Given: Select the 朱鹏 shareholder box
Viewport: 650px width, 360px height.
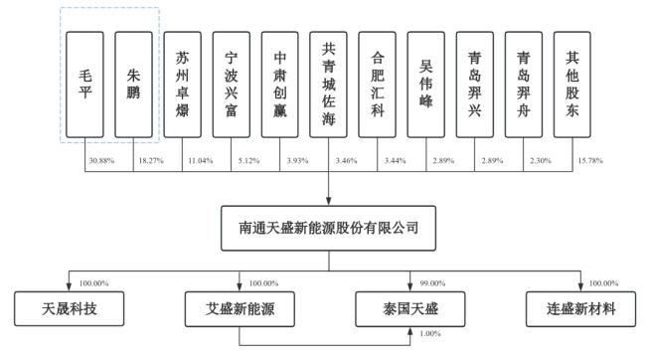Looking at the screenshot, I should pos(134,84).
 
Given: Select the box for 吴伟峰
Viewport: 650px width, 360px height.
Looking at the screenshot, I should pos(426,84).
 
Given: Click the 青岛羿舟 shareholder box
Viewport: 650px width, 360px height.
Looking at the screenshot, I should pos(524,84).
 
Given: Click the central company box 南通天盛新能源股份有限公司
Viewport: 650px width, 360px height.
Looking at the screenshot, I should pos(329,229).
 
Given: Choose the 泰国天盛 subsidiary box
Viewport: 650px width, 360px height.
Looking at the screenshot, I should pos(411,308).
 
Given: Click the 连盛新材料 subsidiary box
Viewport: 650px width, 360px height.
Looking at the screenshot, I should pos(583,308).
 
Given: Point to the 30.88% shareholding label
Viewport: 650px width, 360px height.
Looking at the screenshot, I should pos(102,160).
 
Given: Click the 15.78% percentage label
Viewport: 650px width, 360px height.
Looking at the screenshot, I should pos(590,160).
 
